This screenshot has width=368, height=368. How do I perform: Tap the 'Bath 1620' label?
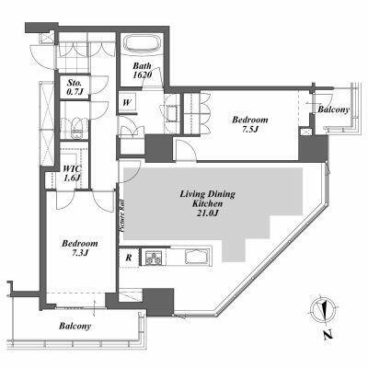[x=143, y=70]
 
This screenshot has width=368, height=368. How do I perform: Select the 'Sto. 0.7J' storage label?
[x=75, y=86]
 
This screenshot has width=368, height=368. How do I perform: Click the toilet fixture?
[x=75, y=129]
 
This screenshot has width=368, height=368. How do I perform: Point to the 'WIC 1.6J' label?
[x=72, y=173]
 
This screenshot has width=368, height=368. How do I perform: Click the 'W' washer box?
[x=126, y=102]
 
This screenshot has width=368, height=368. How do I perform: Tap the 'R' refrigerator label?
[x=129, y=258]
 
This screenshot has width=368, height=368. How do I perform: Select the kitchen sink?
[x=197, y=257]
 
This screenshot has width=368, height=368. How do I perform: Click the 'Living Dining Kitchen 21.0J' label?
[x=207, y=203]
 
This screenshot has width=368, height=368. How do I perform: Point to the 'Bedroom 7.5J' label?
[x=250, y=124]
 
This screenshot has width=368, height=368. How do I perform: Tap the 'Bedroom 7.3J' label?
[x=80, y=247]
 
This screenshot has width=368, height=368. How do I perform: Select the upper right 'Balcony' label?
[x=334, y=109]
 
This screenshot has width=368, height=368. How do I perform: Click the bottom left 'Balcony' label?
[x=75, y=326]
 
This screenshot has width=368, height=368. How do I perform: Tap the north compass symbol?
[x=321, y=309]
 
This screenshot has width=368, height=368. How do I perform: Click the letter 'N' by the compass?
[x=328, y=335]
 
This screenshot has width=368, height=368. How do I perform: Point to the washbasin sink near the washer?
[x=172, y=113]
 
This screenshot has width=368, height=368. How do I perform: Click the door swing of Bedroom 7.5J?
[x=185, y=150]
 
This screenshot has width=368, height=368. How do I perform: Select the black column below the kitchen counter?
[x=158, y=302]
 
